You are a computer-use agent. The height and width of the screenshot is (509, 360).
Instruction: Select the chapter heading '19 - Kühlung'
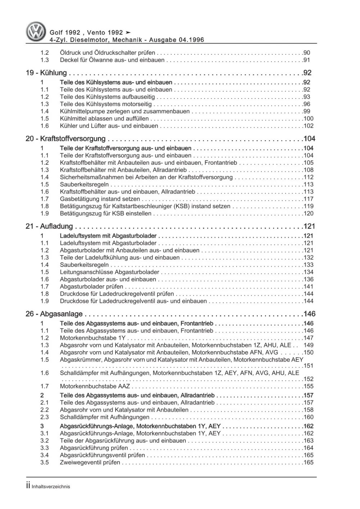(x=46, y=73)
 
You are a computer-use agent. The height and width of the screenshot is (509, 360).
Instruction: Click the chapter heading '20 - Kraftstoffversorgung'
(x=66, y=139)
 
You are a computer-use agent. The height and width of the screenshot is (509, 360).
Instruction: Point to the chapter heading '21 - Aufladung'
(x=49, y=226)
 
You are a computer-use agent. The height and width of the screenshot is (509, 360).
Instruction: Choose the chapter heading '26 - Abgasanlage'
(x=54, y=314)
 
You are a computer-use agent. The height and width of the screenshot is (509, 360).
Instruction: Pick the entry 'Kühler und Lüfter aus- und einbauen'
(x=109, y=126)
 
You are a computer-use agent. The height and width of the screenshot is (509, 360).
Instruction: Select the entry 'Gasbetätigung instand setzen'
(x=100, y=199)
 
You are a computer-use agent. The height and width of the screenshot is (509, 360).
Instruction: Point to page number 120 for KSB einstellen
(x=308, y=214)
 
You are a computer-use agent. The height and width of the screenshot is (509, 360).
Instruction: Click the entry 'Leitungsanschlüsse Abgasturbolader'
(x=109, y=272)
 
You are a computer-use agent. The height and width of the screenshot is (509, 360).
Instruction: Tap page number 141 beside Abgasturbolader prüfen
(x=308, y=287)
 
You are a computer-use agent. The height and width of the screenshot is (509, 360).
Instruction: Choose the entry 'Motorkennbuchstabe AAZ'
(x=95, y=386)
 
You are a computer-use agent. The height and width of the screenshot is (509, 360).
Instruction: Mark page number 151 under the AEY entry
(x=308, y=366)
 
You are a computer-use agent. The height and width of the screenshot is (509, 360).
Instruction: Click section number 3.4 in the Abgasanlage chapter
(x=44, y=455)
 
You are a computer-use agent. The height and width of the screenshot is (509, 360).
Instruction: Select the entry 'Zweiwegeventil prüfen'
(x=90, y=463)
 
